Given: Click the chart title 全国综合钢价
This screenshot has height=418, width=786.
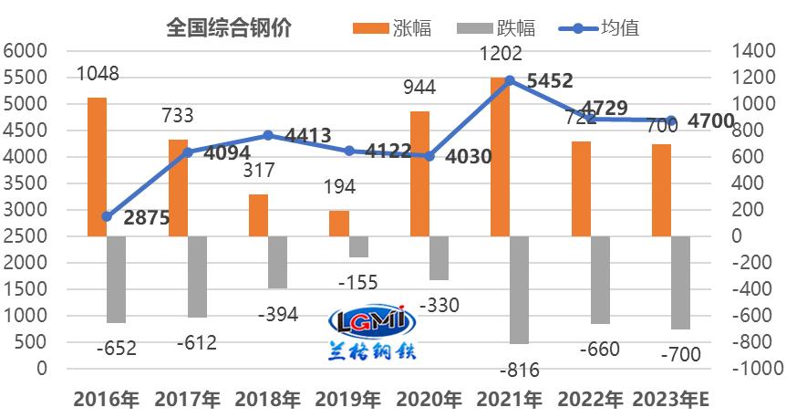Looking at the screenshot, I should pos(229,27).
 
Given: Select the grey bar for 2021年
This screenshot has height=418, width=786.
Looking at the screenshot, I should pos(519,289).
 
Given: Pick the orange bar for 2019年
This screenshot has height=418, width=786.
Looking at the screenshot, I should pos(339,224).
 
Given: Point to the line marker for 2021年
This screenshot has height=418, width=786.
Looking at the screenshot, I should pos(509,81).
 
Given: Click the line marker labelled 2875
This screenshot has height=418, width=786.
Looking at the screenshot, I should pos(107,216).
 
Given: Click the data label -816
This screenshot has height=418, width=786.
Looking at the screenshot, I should pos(522,370).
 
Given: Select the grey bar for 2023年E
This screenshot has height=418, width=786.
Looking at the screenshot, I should pos(680,282).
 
